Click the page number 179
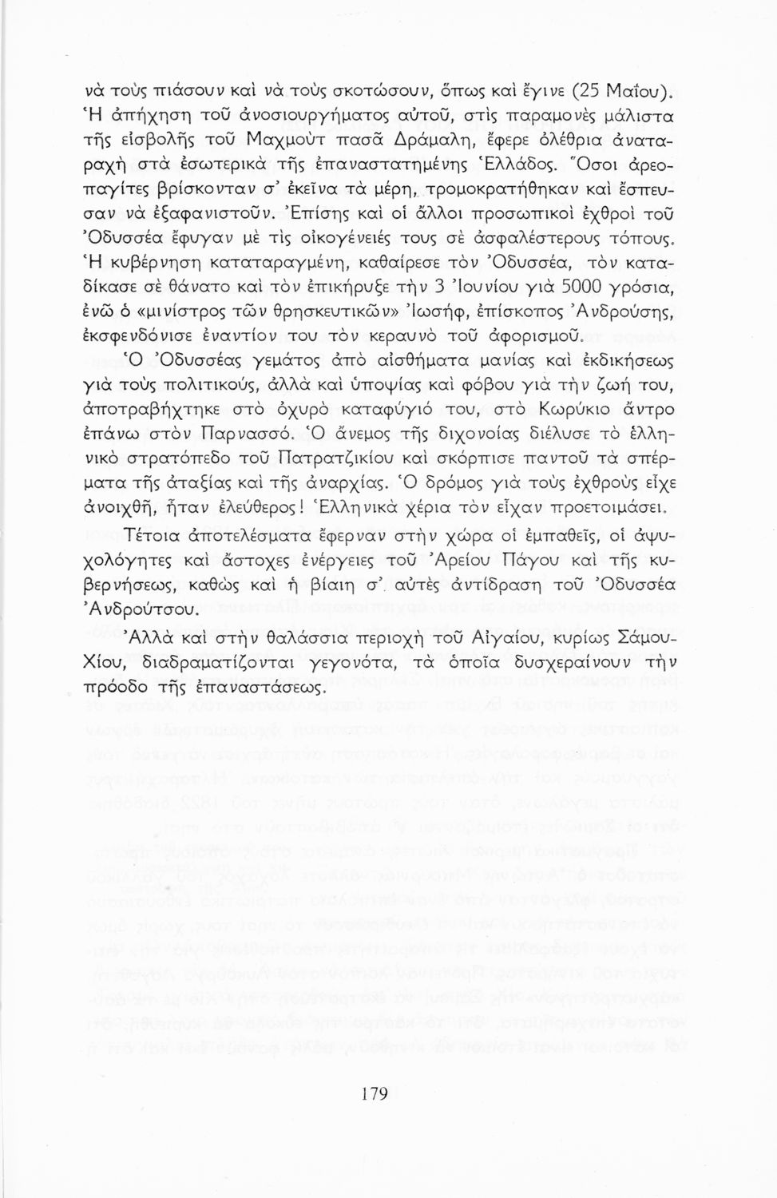click(374, 1094)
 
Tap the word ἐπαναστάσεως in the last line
click(257, 687)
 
